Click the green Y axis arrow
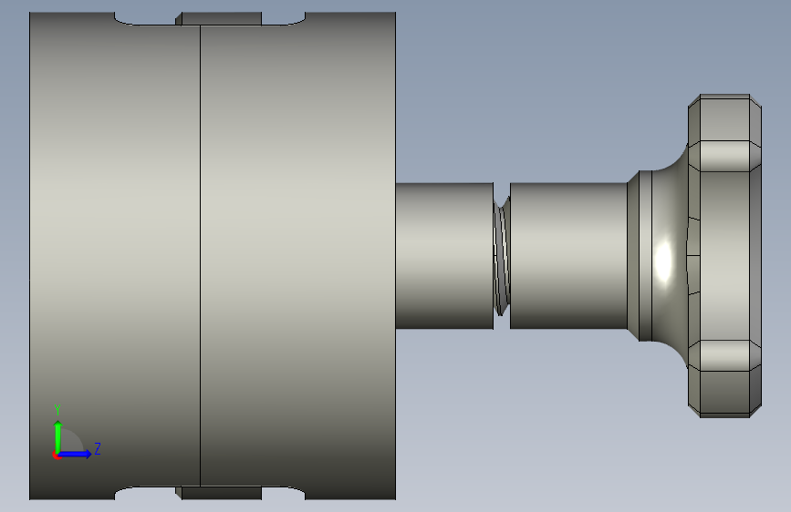pyautogui.click(x=58, y=437)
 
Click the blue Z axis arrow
pyautogui.click(x=75, y=454)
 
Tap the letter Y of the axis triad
pyautogui.click(x=57, y=409)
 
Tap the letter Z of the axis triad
pyautogui.click(x=98, y=448)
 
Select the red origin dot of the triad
pyautogui.click(x=56, y=456)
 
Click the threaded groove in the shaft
pyautogui.click(x=502, y=256)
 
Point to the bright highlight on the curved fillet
pyautogui.click(x=663, y=261)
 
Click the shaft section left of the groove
pyautogui.click(x=444, y=256)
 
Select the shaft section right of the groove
pyautogui.click(x=568, y=256)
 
